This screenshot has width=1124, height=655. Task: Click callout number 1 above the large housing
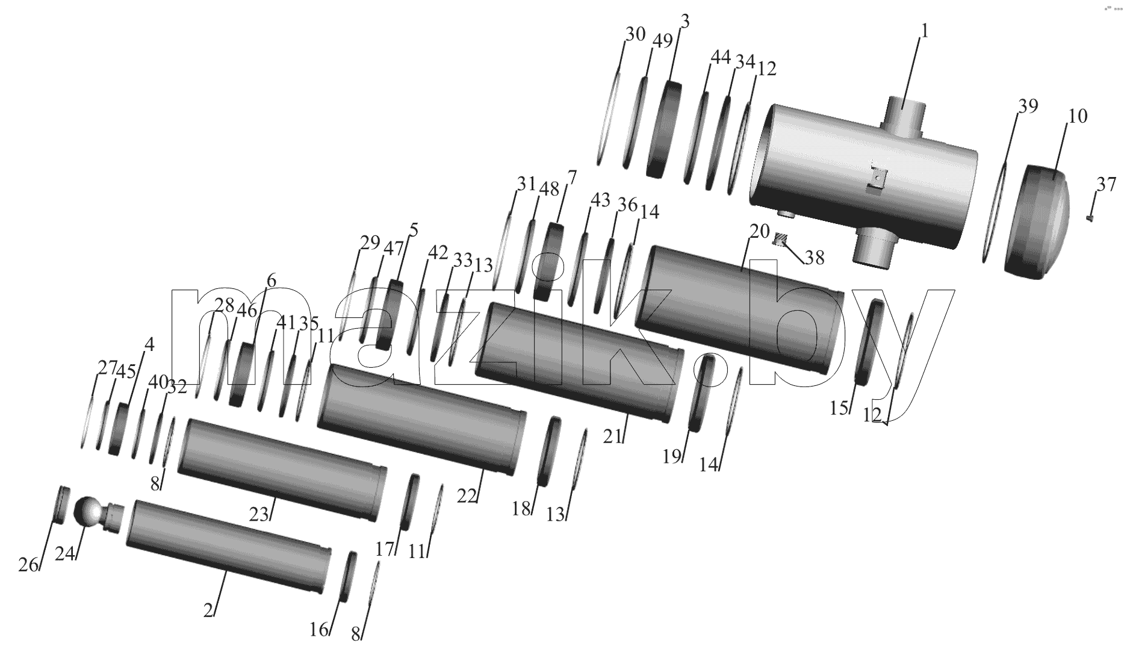925,31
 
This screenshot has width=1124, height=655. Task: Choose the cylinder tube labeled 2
229,547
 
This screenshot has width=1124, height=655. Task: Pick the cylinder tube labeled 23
282,470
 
